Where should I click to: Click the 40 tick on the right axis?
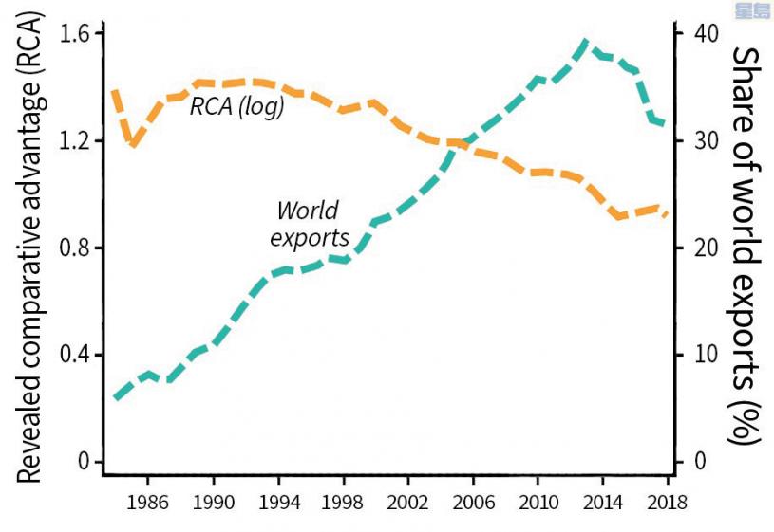(x=700, y=33)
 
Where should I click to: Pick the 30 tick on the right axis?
(x=700, y=140)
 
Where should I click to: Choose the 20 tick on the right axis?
(x=700, y=248)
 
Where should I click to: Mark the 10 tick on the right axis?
(x=700, y=355)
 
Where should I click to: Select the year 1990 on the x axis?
(x=212, y=500)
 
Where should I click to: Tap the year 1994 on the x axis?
(x=277, y=500)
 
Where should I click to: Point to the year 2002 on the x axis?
(x=408, y=500)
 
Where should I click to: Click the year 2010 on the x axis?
(x=538, y=500)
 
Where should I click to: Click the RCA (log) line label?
(x=236, y=106)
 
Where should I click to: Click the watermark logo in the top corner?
(x=752, y=10)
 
